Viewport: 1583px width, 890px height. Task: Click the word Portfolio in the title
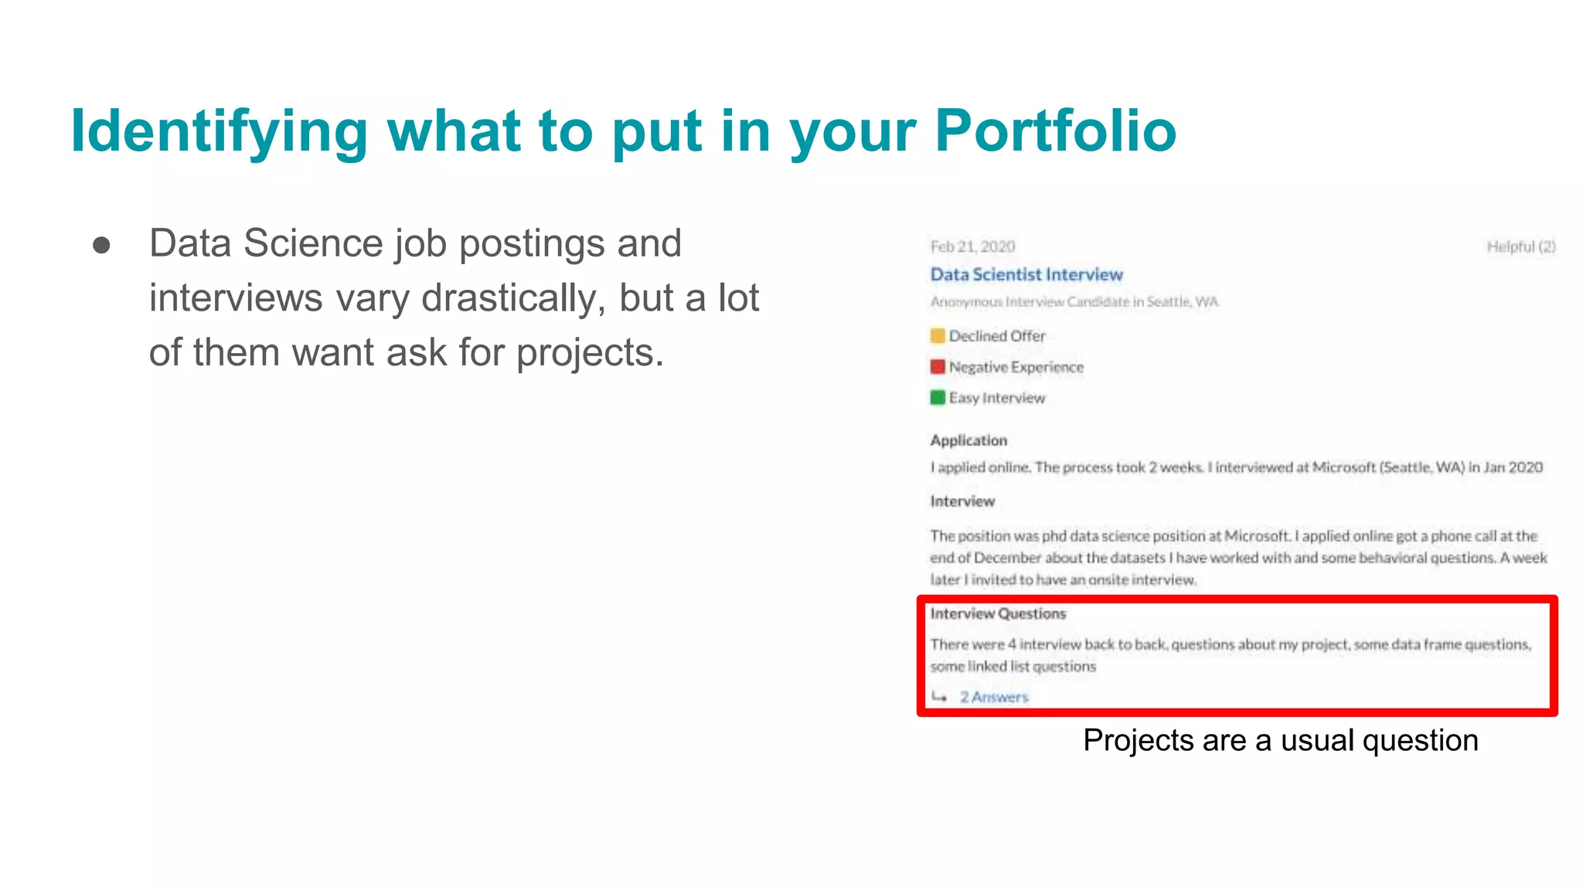coord(1055,131)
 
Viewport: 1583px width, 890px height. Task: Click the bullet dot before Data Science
coord(101,246)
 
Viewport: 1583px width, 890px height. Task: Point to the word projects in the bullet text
coord(590,353)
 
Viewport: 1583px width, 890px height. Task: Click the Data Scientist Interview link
coord(1026,274)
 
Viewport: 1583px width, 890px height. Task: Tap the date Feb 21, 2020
coord(972,246)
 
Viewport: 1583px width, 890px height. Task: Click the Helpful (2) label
coord(1520,246)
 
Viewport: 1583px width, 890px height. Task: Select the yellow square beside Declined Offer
coord(938,335)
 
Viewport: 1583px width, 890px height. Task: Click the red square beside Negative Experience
coord(938,366)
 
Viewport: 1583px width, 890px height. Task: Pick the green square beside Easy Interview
coord(938,397)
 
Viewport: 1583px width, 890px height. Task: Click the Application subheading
coord(969,440)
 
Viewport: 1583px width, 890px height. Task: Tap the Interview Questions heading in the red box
coord(998,613)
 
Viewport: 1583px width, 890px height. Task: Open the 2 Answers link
coord(994,697)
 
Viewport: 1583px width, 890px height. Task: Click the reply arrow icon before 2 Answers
coord(939,697)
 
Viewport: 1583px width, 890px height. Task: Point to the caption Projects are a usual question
coord(1280,740)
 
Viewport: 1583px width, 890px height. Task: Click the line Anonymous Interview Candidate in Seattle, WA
coord(1074,301)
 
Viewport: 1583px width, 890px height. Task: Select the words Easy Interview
coord(997,398)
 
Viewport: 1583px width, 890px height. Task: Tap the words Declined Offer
coord(997,336)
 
